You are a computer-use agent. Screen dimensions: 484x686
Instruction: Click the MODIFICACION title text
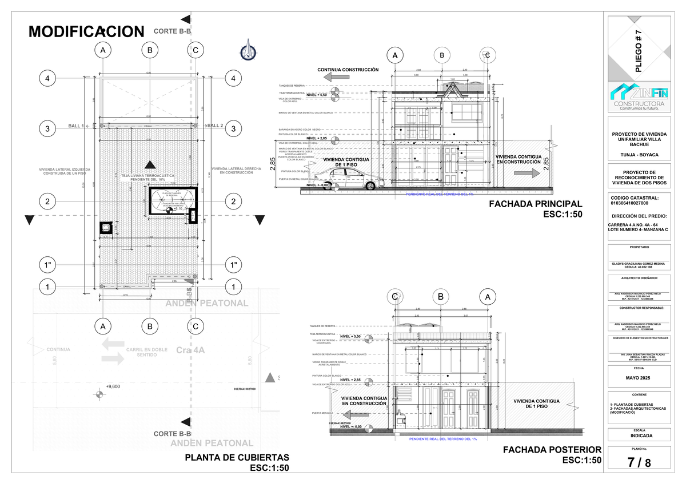click(86, 31)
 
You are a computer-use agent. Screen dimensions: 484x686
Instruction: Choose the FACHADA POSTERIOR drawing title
click(552, 450)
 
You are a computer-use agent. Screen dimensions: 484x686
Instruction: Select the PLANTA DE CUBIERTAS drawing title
click(237, 458)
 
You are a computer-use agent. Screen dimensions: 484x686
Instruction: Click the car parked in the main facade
click(349, 183)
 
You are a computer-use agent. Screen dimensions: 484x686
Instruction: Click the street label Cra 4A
click(190, 349)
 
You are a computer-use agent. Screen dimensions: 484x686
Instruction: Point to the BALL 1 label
click(75, 126)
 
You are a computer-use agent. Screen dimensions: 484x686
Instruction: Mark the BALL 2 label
click(215, 126)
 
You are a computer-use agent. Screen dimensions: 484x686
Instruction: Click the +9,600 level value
click(113, 386)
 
